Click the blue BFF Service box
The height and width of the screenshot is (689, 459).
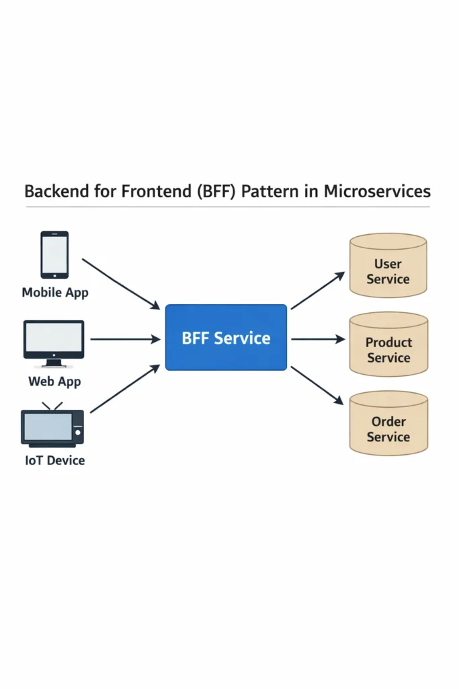226,337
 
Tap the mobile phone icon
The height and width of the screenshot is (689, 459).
54,254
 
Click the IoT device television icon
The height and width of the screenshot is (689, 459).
52,428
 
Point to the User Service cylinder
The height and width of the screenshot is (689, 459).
388,266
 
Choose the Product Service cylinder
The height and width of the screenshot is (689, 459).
388,344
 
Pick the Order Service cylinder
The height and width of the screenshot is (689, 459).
388,423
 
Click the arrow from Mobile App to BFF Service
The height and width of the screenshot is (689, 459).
121,283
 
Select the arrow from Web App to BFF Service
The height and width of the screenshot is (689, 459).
125,339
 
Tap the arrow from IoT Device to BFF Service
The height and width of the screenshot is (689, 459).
125,389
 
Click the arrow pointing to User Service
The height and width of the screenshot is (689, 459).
317,291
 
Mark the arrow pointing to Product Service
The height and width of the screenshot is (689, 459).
317,339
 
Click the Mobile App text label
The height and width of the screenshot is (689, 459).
55,293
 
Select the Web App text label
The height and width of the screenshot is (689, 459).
54,382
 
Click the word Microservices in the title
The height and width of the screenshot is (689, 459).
377,191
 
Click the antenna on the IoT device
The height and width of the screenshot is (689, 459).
52,406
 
